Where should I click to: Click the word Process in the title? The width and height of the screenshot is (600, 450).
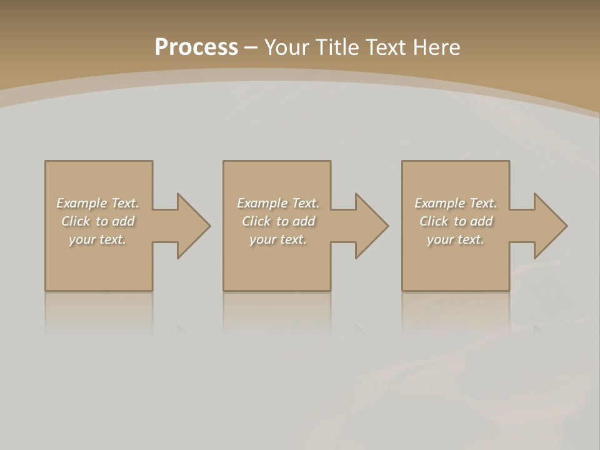pyautogui.click(x=196, y=47)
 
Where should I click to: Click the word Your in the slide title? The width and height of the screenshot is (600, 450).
pyautogui.click(x=289, y=47)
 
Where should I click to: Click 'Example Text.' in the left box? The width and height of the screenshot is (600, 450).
pyautogui.click(x=98, y=203)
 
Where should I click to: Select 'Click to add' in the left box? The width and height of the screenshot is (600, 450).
pyautogui.click(x=98, y=221)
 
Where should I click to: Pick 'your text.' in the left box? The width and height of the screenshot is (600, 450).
pyautogui.click(x=98, y=239)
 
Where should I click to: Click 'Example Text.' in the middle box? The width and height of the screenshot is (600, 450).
pyautogui.click(x=277, y=203)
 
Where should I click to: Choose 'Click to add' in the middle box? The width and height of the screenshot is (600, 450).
pyautogui.click(x=277, y=221)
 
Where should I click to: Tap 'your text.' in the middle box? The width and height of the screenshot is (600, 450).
pyautogui.click(x=277, y=239)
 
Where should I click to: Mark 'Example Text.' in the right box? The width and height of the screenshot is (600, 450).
pyautogui.click(x=456, y=203)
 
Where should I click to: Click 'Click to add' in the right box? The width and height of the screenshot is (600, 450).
pyautogui.click(x=456, y=221)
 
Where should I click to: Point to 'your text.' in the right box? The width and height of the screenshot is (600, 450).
pyautogui.click(x=456, y=239)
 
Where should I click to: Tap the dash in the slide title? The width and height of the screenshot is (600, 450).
pyautogui.click(x=251, y=48)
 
